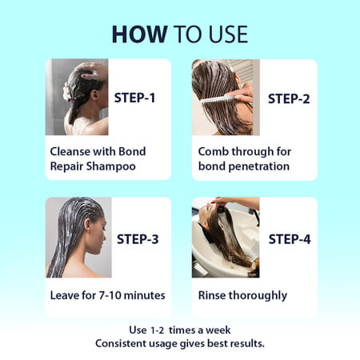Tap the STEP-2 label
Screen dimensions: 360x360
(287, 98)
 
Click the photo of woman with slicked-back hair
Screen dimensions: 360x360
(78, 237)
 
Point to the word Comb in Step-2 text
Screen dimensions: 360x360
(215, 150)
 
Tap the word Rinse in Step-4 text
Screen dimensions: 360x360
(214, 295)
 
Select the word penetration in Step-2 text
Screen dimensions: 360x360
(260, 166)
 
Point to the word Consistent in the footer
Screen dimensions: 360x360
(123, 343)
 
